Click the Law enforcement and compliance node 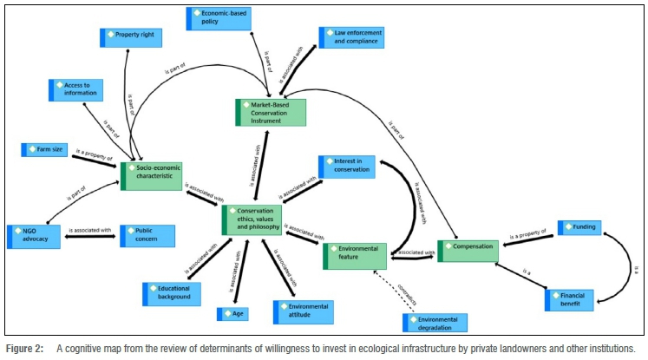tap(350, 37)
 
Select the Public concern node tap(147, 235)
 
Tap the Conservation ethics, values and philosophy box tap(252, 219)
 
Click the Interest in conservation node tap(346, 167)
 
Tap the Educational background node tap(172, 293)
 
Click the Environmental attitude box tap(303, 311)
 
